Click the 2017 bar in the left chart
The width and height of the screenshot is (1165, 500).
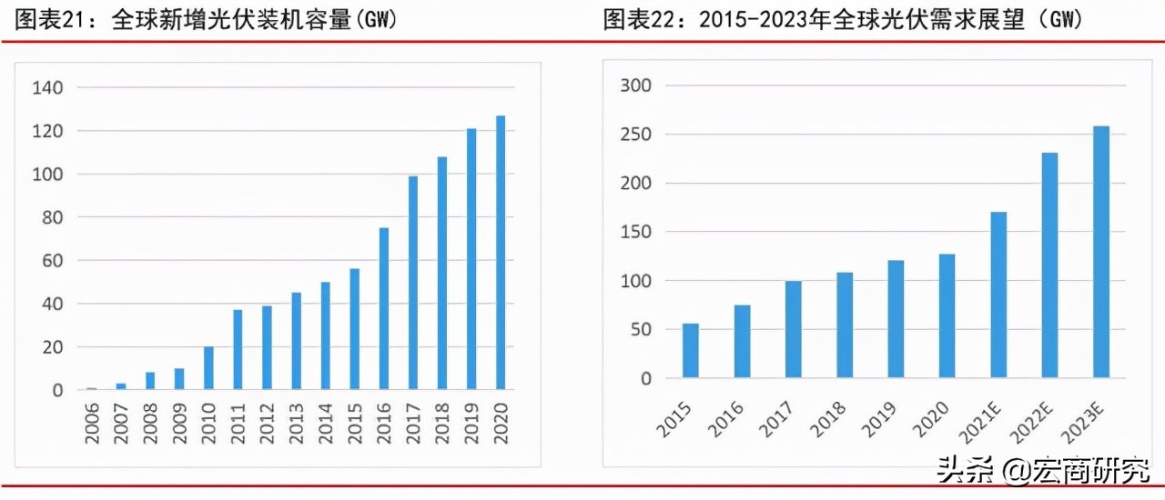tap(413, 283)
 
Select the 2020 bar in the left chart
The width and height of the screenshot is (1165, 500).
tap(501, 253)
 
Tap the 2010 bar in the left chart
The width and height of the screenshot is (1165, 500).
tap(208, 368)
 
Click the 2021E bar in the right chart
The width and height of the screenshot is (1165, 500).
tap(998, 295)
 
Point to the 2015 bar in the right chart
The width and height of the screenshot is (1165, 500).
tap(691, 350)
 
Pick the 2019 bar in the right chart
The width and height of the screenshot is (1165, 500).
tap(897, 319)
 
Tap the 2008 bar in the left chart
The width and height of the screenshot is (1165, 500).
tap(150, 381)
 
